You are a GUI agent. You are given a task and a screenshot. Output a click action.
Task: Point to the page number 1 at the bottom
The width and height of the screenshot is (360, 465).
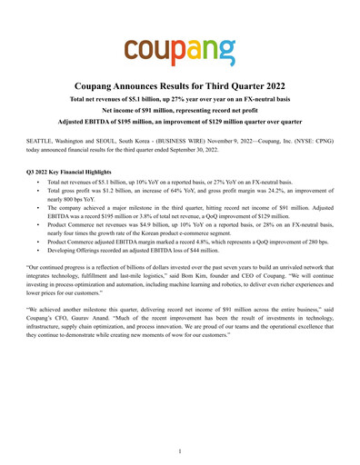180,450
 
